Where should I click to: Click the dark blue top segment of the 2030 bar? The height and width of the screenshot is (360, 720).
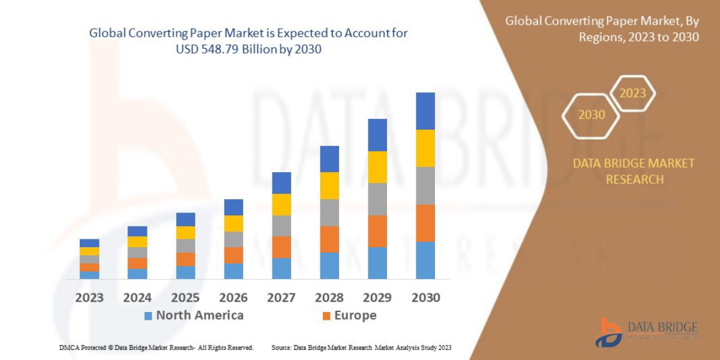pyautogui.click(x=425, y=111)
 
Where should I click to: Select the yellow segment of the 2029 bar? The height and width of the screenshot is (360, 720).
pyautogui.click(x=377, y=167)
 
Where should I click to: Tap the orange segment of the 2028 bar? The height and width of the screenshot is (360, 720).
pyautogui.click(x=329, y=239)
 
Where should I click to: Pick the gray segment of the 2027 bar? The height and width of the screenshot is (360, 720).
pyautogui.click(x=281, y=226)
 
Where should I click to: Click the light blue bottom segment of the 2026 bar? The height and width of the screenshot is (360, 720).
pyautogui.click(x=233, y=271)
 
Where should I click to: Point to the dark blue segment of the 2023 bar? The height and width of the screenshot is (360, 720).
pyautogui.click(x=89, y=243)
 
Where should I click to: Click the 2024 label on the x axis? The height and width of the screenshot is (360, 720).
pyautogui.click(x=137, y=298)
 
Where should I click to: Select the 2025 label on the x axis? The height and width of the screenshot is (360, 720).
pyautogui.click(x=185, y=298)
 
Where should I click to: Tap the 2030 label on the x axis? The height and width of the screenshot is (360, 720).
pyautogui.click(x=425, y=298)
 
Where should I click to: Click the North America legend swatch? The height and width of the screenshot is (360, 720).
pyautogui.click(x=148, y=316)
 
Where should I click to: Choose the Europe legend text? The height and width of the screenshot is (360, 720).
pyautogui.click(x=355, y=316)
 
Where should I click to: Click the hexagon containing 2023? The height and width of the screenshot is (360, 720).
pyautogui.click(x=632, y=94)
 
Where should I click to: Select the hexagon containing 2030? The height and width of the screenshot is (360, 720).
pyautogui.click(x=591, y=115)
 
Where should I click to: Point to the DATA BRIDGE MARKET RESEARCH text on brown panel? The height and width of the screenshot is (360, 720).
pyautogui.click(x=634, y=171)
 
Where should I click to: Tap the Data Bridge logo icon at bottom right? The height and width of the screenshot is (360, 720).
pyautogui.click(x=608, y=332)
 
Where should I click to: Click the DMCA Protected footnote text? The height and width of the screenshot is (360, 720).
pyautogui.click(x=156, y=347)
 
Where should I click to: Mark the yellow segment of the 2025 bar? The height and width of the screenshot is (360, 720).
pyautogui.click(x=185, y=232)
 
